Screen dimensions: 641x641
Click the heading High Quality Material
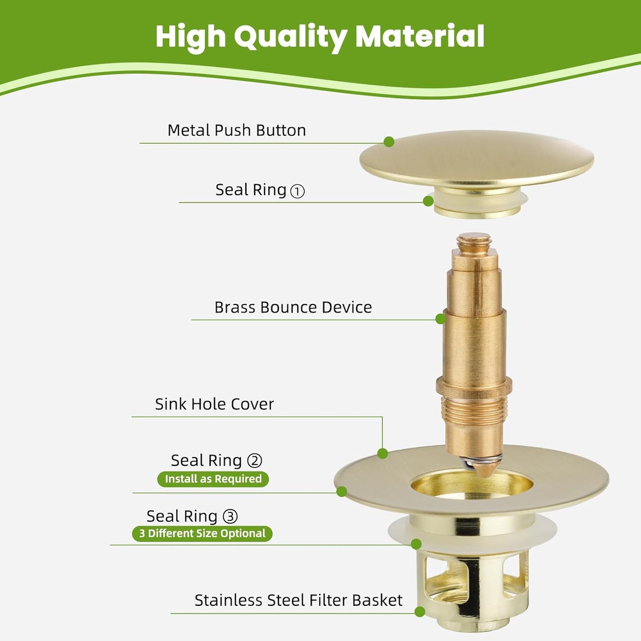click(x=319, y=37)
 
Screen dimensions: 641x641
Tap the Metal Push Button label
click(x=236, y=130)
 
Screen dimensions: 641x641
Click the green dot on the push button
click(x=389, y=142)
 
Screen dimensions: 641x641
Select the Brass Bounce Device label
click(x=293, y=307)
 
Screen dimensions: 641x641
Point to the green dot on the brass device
click(x=440, y=319)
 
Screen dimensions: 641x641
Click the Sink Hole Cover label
click(x=214, y=404)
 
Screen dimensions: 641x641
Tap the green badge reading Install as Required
click(x=213, y=479)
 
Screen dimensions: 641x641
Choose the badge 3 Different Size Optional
click(x=202, y=533)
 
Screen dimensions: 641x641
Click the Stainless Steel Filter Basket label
click(x=298, y=600)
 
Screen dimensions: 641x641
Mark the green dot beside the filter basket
click(x=420, y=612)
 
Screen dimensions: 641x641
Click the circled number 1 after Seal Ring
click(x=297, y=191)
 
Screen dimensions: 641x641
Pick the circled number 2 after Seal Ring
click(x=255, y=461)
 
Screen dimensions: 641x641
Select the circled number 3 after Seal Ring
click(x=230, y=517)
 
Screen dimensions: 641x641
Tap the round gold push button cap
click(x=476, y=157)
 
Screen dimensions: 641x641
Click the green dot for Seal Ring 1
click(x=428, y=201)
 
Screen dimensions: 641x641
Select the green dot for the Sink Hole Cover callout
click(x=382, y=453)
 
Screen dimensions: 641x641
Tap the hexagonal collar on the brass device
click(x=474, y=385)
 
